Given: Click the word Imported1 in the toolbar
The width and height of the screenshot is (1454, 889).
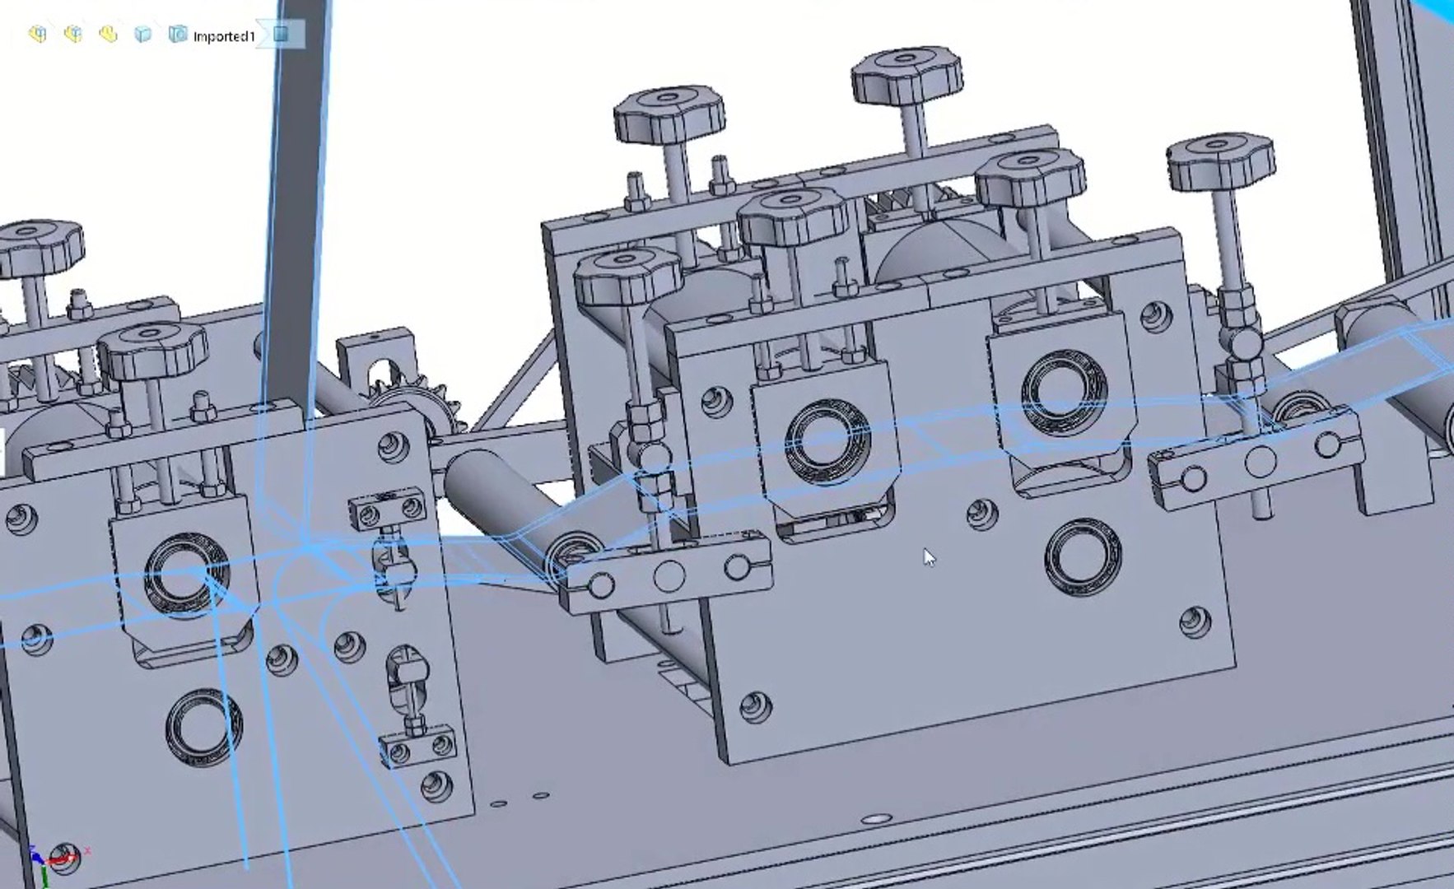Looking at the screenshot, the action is (x=223, y=36).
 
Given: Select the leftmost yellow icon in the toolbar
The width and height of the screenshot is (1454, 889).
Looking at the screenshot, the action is (x=37, y=34).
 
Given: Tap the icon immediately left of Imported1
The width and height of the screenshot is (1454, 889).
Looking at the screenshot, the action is (x=177, y=34).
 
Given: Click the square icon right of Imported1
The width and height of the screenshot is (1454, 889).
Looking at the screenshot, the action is (x=281, y=34).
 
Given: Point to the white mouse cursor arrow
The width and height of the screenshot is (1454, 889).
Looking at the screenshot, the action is (x=929, y=557).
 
